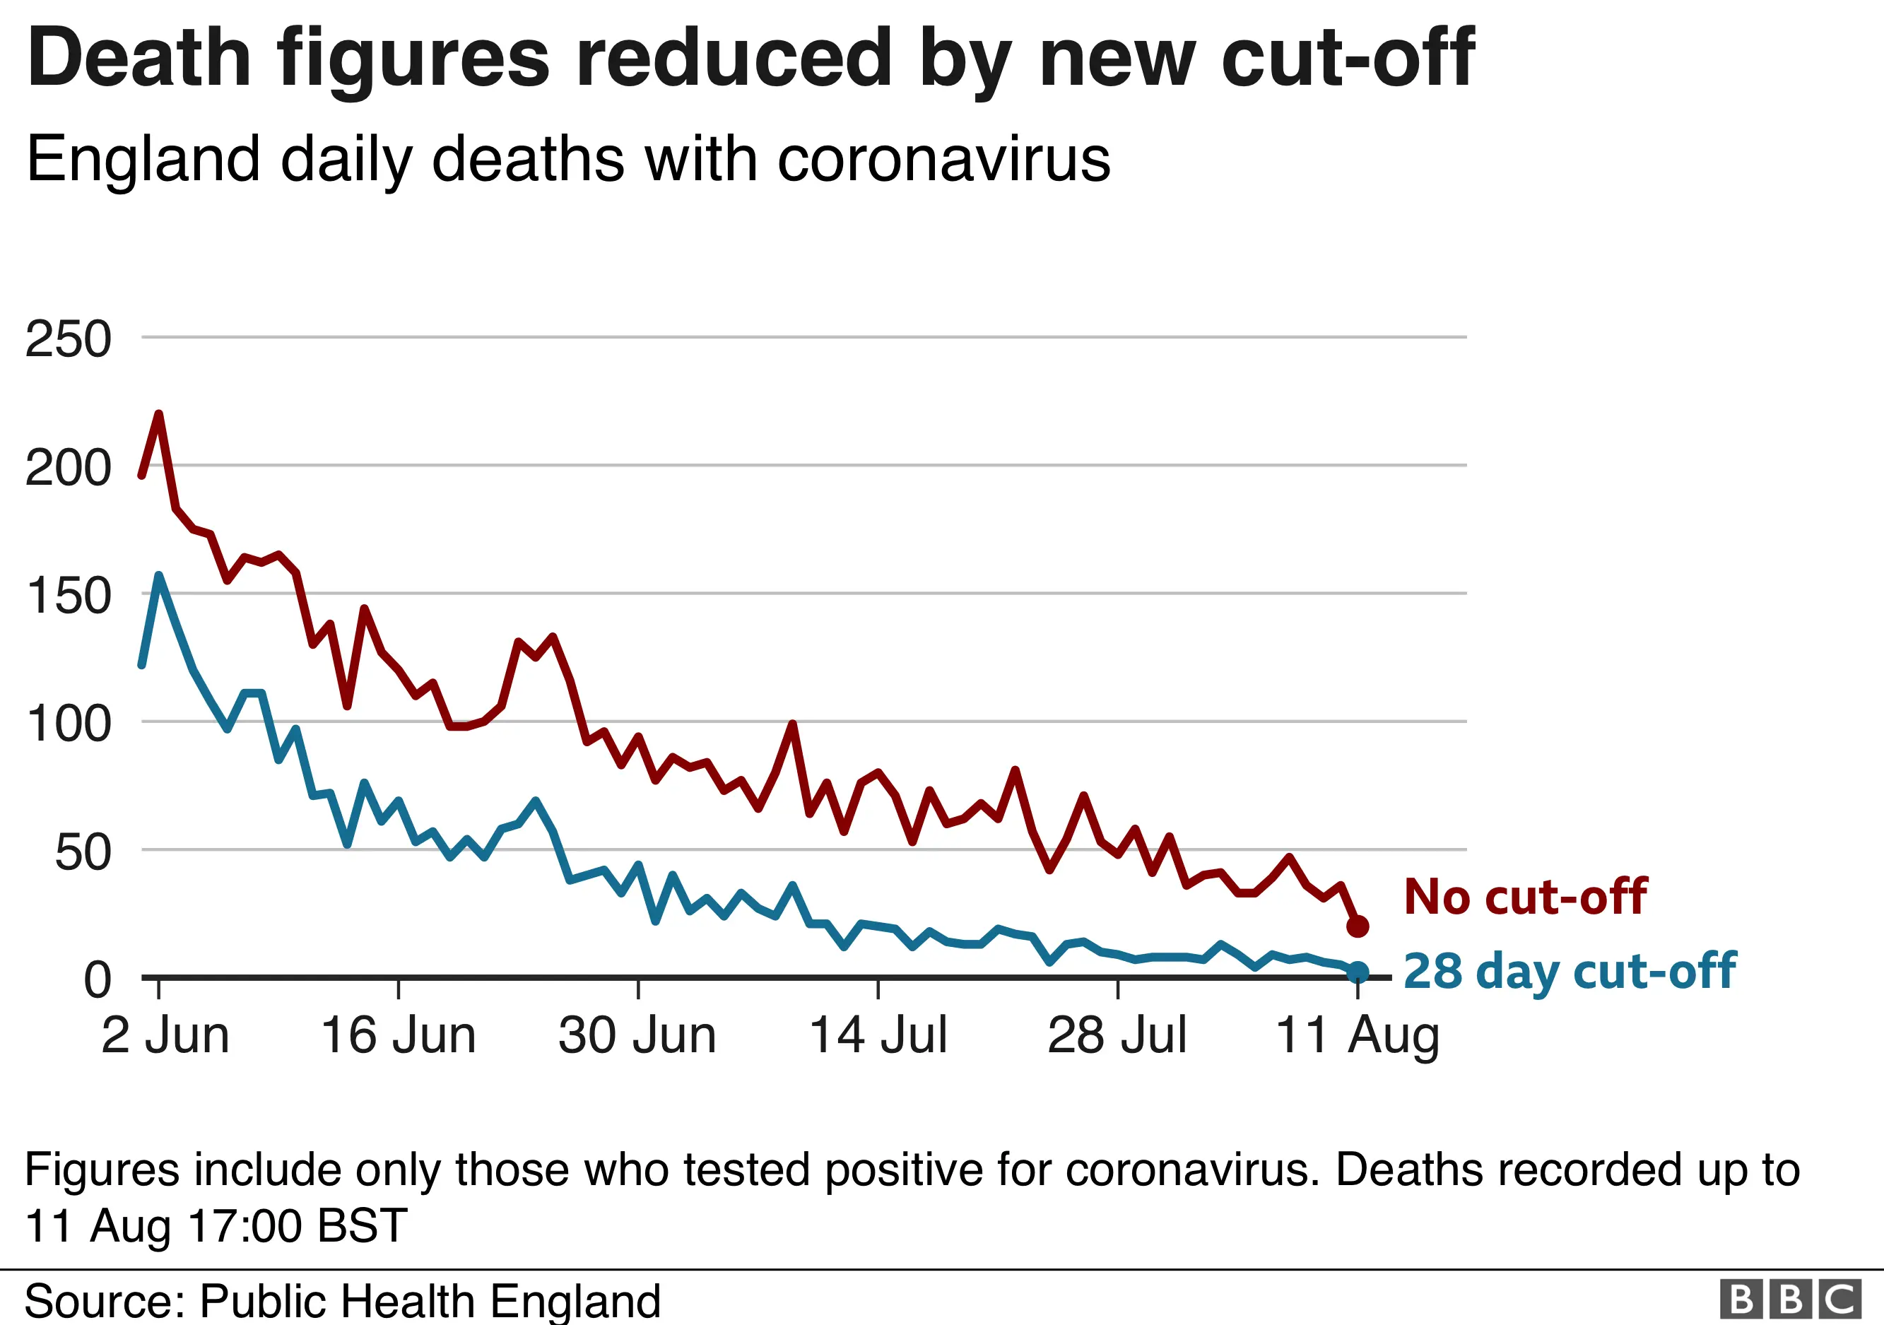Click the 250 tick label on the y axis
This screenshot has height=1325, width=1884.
[x=68, y=338]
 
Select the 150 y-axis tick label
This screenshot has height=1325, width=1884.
[x=68, y=596]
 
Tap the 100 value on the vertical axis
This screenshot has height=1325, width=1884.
[x=68, y=724]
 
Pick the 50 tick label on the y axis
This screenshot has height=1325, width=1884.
[x=82, y=852]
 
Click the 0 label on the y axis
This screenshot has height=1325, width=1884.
[x=97, y=979]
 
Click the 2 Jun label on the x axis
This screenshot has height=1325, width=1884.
[x=165, y=1035]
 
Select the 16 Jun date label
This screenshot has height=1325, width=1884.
[x=398, y=1035]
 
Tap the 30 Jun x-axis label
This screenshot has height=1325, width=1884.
[x=637, y=1035]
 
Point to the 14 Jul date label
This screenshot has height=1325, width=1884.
[x=878, y=1035]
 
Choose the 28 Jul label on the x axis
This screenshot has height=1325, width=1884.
[x=1117, y=1035]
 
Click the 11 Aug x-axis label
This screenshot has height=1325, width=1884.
[x=1358, y=1037]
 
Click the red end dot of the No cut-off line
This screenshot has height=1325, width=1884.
[x=1358, y=926]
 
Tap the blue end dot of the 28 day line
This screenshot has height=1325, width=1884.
[x=1358, y=972]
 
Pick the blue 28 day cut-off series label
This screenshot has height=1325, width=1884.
[x=1570, y=972]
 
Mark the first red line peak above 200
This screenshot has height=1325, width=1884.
[x=158, y=413]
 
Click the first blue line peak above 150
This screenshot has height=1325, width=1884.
[x=158, y=575]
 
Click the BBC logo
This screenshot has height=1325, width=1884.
[x=1789, y=1300]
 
